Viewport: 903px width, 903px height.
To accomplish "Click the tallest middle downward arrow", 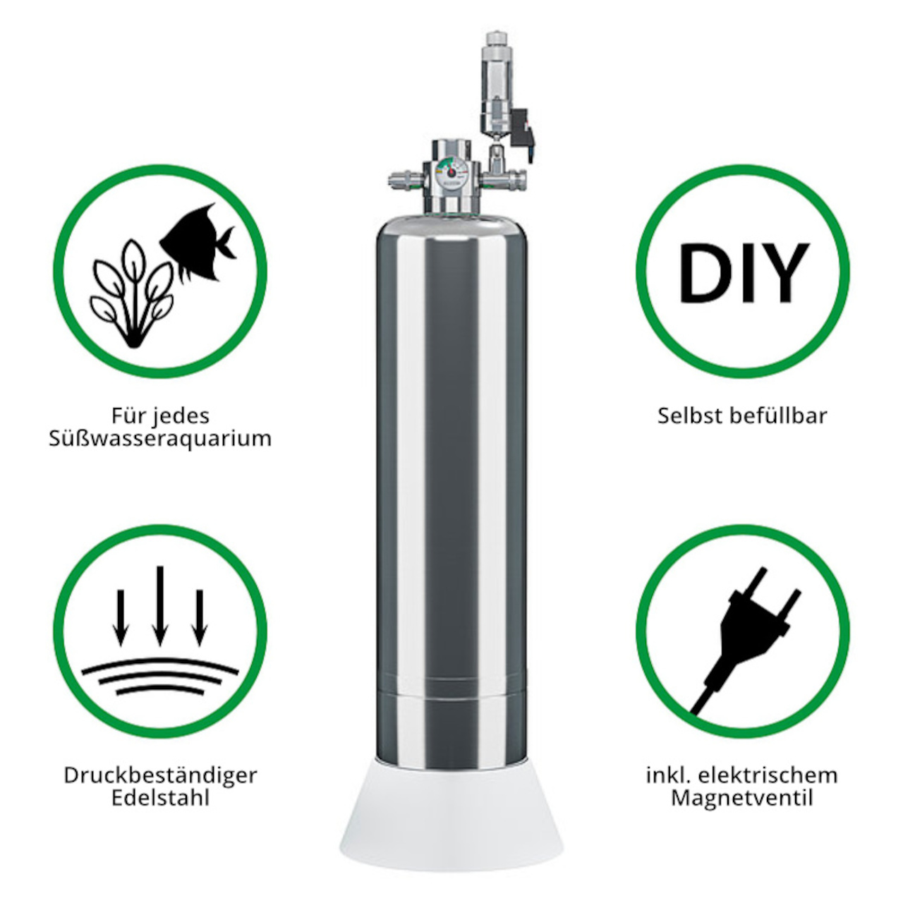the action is [x=160, y=606].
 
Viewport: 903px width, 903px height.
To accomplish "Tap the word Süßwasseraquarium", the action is [x=160, y=439].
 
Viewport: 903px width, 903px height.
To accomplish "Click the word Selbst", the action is [x=685, y=416].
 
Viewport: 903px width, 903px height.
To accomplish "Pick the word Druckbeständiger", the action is [x=160, y=775].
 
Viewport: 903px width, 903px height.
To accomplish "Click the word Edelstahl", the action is [x=160, y=799].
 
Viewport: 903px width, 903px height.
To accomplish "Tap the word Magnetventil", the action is [x=741, y=799].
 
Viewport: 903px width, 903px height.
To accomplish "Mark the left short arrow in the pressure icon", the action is [x=121, y=617].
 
